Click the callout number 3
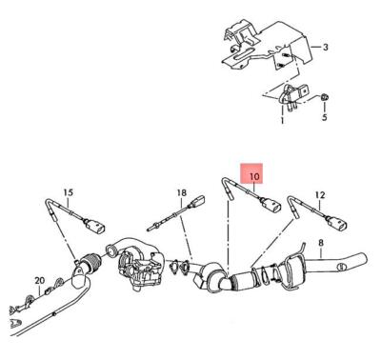click(x=325, y=47)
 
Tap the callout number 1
click(x=282, y=122)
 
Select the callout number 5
click(x=323, y=118)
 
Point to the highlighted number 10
click(x=253, y=177)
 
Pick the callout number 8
click(x=321, y=243)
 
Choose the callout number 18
click(x=180, y=193)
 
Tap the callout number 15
click(x=68, y=193)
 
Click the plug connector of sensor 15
click(x=95, y=227)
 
